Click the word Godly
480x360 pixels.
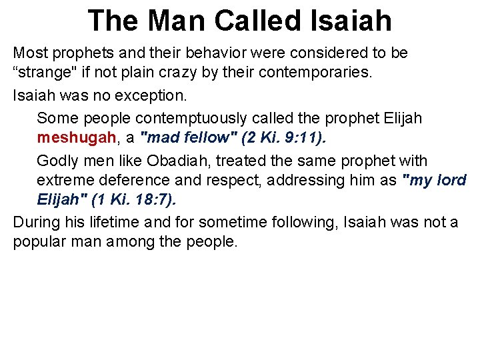pos(57,161)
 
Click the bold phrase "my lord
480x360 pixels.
pos(434,181)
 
